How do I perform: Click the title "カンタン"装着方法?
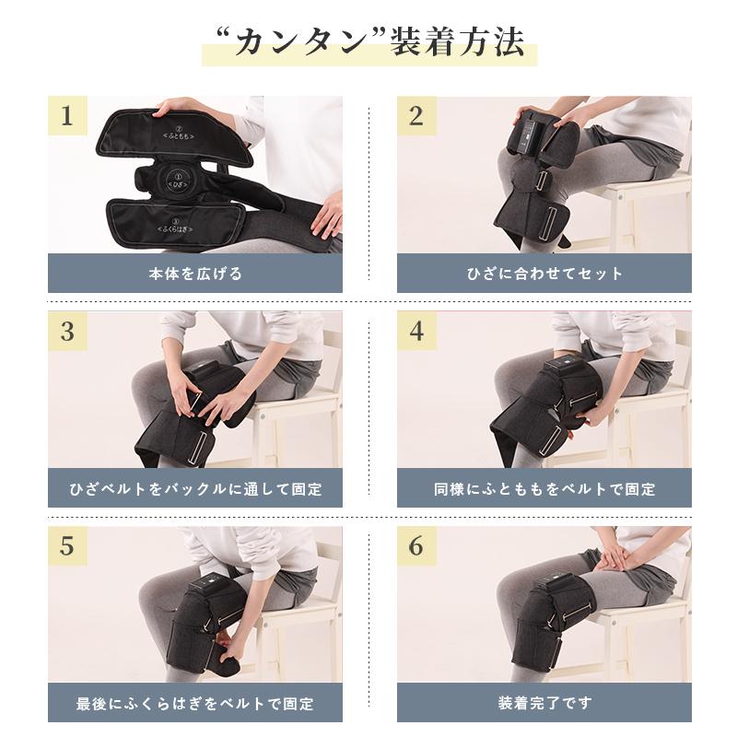368,43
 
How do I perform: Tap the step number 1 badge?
67,116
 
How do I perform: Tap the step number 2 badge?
416,116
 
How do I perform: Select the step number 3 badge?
67,331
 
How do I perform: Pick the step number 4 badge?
416,331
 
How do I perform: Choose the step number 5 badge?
67,545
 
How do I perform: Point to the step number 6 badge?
416,545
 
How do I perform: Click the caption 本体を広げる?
194,274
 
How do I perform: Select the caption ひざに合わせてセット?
544,274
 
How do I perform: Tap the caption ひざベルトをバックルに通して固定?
194,488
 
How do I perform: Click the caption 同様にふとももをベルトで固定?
544,488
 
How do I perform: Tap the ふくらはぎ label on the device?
175,224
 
